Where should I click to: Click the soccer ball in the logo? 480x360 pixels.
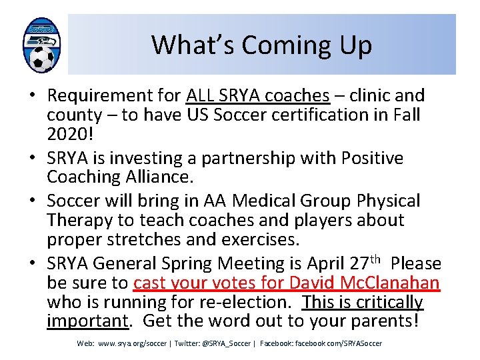tap(41, 59)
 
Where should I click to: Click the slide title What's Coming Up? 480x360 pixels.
tap(261, 45)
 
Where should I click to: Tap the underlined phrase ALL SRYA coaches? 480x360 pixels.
tap(258, 95)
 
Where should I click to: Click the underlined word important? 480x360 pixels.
tap(87, 321)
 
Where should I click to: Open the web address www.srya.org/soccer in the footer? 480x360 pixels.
tap(132, 343)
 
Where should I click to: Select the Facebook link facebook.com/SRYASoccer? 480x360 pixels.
tap(339, 343)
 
